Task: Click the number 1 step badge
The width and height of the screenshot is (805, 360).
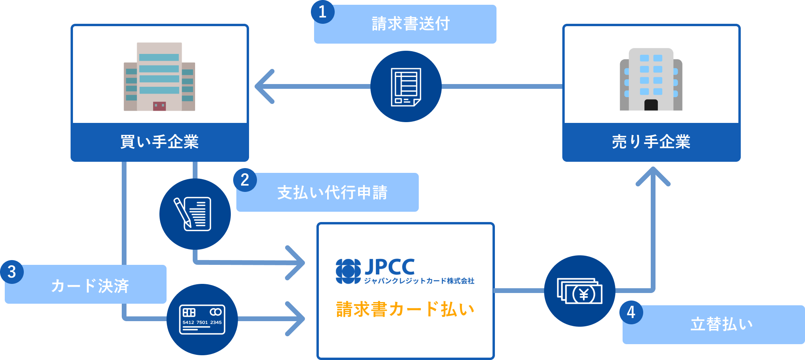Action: (323, 12)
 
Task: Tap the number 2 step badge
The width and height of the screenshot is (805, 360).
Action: (245, 180)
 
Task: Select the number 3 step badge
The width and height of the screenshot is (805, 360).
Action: (12, 272)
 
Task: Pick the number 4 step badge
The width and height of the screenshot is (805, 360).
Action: (631, 312)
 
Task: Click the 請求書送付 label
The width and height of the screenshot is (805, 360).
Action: (410, 24)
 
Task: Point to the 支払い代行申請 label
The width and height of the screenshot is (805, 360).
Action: (332, 193)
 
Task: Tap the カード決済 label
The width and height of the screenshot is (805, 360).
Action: (90, 286)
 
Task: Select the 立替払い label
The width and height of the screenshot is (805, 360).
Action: (722, 324)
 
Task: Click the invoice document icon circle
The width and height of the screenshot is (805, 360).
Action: (406, 86)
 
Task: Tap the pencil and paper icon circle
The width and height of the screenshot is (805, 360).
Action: (195, 214)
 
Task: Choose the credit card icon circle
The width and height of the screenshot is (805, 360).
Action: (202, 320)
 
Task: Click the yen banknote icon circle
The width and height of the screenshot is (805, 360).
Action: (579, 291)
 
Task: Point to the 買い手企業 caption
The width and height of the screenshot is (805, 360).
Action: (159, 142)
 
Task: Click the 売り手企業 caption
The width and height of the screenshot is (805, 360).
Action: (651, 142)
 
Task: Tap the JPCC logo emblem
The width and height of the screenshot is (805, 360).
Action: (348, 271)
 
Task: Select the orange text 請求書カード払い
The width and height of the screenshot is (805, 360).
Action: (405, 309)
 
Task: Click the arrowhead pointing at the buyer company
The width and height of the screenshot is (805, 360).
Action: (263, 86)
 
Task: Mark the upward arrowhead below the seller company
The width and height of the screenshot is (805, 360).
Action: (653, 176)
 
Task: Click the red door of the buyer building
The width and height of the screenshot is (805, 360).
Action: (159, 106)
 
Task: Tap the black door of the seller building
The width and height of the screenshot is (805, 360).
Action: (651, 105)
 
